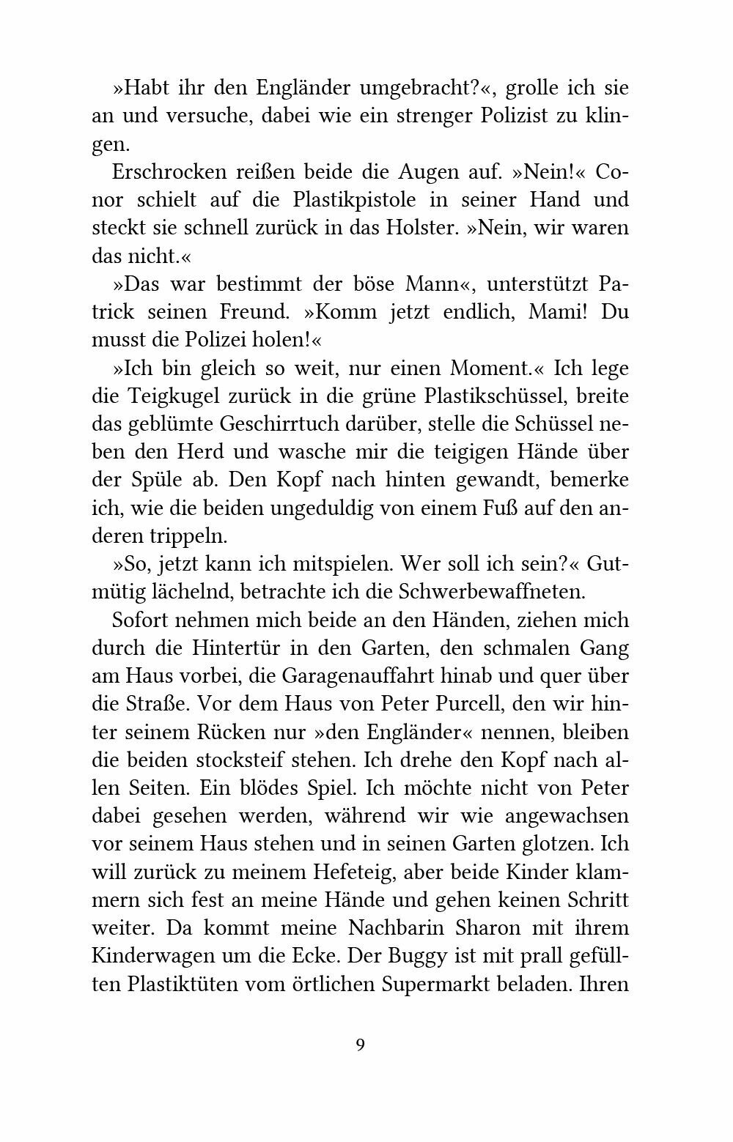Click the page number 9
(360, 1044)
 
